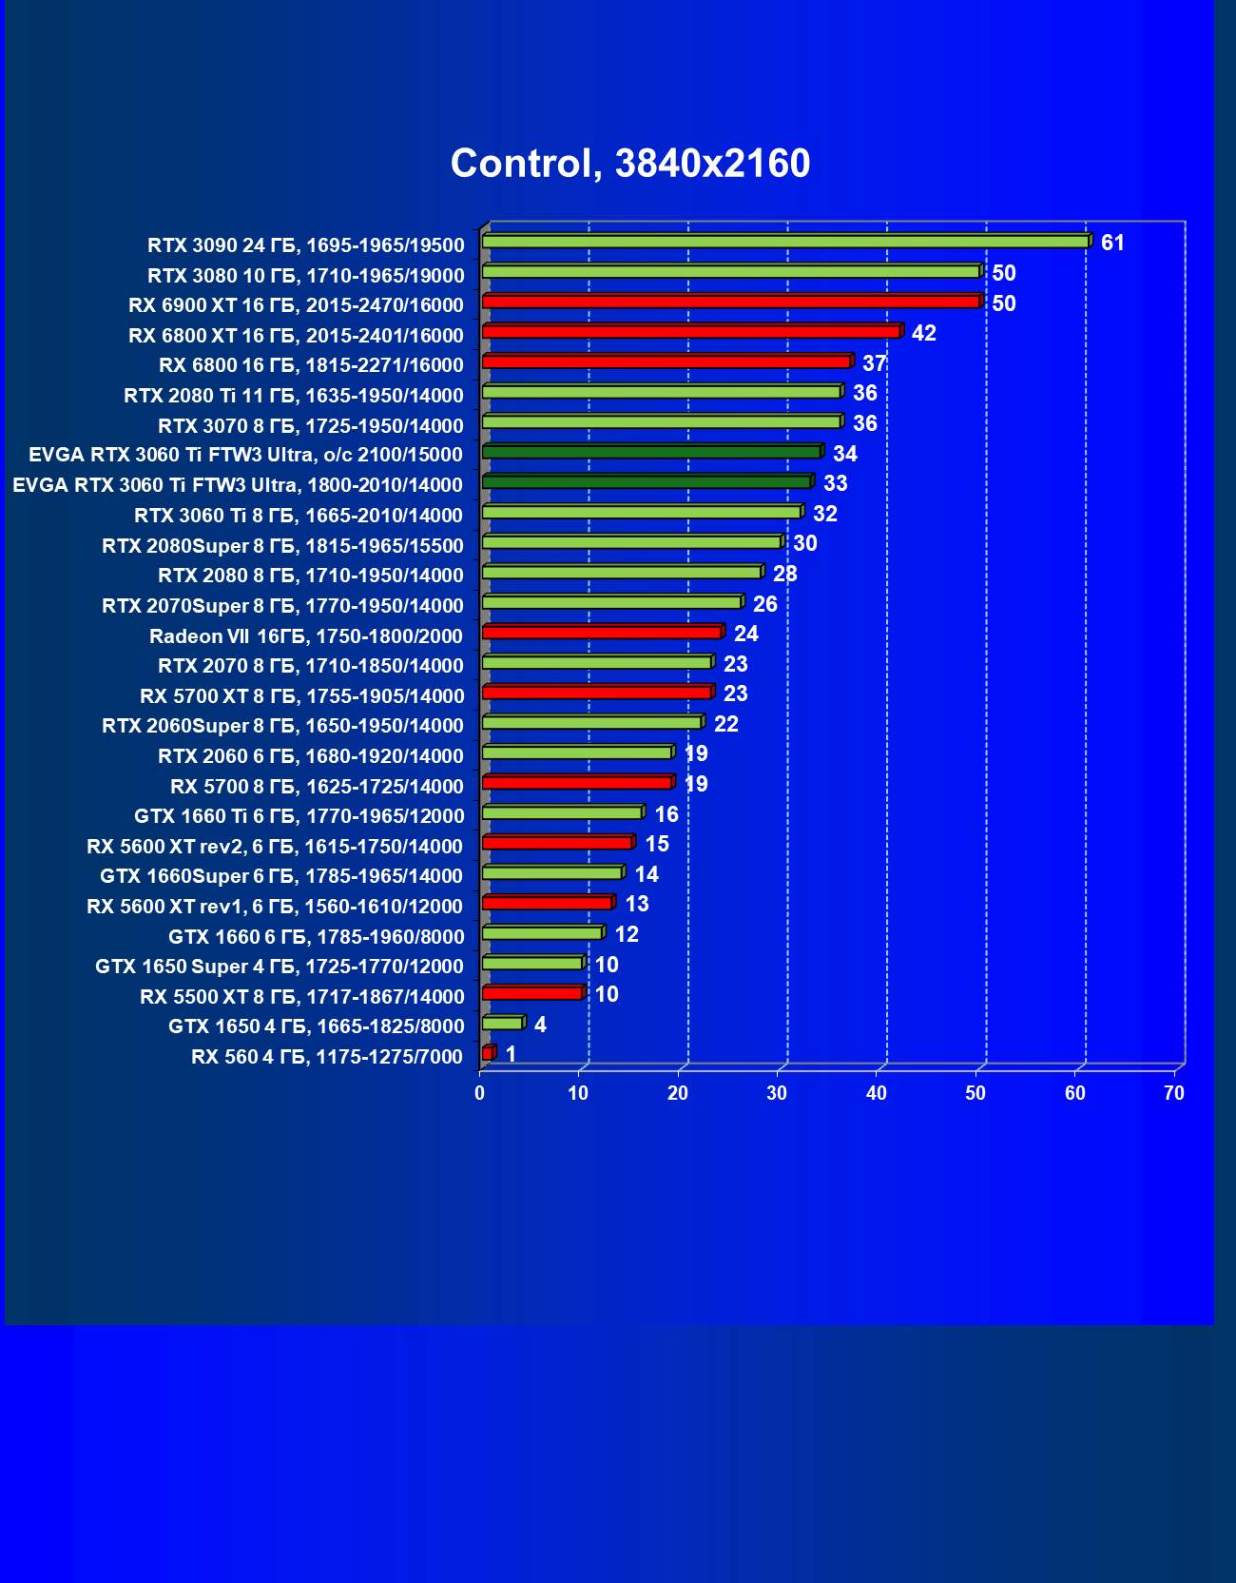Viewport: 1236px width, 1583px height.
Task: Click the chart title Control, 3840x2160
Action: [x=630, y=164]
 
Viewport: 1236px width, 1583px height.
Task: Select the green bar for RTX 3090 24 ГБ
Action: [x=785, y=242]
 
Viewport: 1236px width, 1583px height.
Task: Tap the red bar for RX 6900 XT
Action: [x=730, y=302]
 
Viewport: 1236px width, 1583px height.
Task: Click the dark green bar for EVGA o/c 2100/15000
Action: [x=651, y=452]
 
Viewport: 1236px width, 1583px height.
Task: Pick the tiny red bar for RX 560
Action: [x=488, y=1053]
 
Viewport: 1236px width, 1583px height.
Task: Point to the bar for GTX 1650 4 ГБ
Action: [x=502, y=1023]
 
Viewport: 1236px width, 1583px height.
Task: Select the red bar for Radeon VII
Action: [x=602, y=632]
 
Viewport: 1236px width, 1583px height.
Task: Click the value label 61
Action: [x=1112, y=244]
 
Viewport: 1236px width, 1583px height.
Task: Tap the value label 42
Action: [x=923, y=333]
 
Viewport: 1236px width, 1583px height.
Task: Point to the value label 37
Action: [x=874, y=363]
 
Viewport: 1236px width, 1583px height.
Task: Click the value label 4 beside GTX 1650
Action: [x=540, y=1025]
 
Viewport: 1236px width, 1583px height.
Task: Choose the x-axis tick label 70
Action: [x=1174, y=1094]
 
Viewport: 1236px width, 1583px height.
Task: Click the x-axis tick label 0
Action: [x=480, y=1094]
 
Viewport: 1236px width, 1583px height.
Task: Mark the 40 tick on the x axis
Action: [x=877, y=1094]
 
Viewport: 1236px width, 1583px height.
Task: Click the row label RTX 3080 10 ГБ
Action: [x=306, y=276]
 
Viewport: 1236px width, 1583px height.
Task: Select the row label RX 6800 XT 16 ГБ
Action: [x=296, y=336]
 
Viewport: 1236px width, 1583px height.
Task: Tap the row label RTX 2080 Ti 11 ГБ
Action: [x=294, y=396]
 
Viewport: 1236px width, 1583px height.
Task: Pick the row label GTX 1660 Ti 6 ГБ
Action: [x=299, y=816]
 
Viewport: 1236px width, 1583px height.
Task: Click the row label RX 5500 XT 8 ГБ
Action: [x=302, y=997]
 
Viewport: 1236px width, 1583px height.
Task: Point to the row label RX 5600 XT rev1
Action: [x=275, y=907]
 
